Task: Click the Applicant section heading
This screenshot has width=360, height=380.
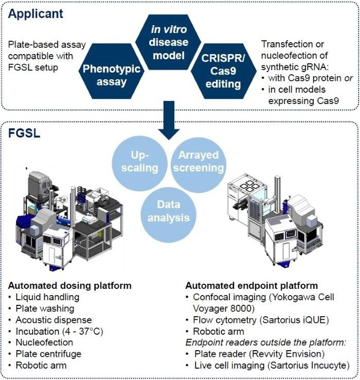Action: pos(34,13)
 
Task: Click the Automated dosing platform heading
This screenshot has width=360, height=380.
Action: pos(70,285)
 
